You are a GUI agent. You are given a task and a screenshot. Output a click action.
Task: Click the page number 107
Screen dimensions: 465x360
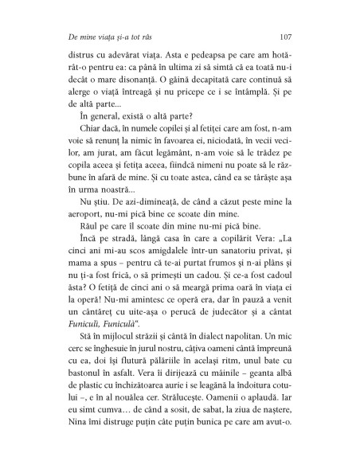point(290,37)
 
